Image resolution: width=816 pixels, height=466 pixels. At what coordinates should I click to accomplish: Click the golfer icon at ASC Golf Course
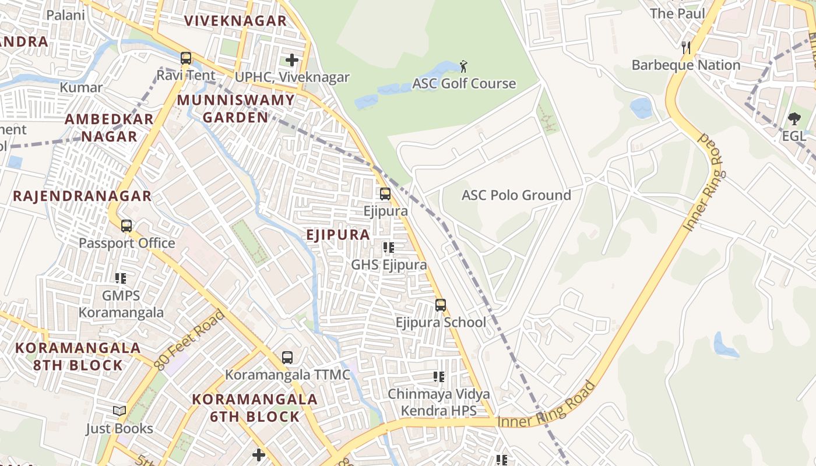pos(463,66)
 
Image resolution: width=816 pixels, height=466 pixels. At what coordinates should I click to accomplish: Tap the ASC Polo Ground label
pos(516,195)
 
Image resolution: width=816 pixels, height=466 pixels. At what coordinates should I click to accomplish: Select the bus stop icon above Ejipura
pos(385,193)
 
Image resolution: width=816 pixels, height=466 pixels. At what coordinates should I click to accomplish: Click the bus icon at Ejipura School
pos(441,305)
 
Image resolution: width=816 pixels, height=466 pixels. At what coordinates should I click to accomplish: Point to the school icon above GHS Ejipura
pos(389,248)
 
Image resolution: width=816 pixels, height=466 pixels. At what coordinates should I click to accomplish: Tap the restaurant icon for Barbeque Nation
pos(686,47)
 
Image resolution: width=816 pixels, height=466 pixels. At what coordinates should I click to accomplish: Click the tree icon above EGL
pos(794,119)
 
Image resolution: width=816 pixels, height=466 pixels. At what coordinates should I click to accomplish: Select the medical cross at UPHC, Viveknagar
pos(291,59)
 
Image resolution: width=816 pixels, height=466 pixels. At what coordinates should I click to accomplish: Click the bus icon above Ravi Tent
pos(186,58)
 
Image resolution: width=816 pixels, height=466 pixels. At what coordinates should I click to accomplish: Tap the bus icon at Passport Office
pos(126,225)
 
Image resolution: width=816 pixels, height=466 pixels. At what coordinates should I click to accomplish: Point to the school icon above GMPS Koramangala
pos(121,278)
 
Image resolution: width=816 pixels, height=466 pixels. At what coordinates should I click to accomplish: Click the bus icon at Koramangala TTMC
pos(287,357)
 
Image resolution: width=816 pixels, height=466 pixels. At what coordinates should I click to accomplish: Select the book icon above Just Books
pos(119,411)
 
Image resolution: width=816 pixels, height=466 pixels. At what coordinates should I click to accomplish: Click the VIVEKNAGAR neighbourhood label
pos(235,21)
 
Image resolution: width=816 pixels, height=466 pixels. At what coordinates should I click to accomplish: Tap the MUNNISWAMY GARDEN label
pos(235,108)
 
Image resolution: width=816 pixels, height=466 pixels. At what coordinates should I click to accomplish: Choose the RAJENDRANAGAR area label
pos(82,196)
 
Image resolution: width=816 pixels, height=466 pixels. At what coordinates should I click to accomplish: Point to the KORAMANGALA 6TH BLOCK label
pos(255,408)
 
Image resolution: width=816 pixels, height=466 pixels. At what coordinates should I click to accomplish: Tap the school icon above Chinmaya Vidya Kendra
pos(439,377)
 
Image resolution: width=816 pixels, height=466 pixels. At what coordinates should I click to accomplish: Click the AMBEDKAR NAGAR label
pos(109,128)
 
